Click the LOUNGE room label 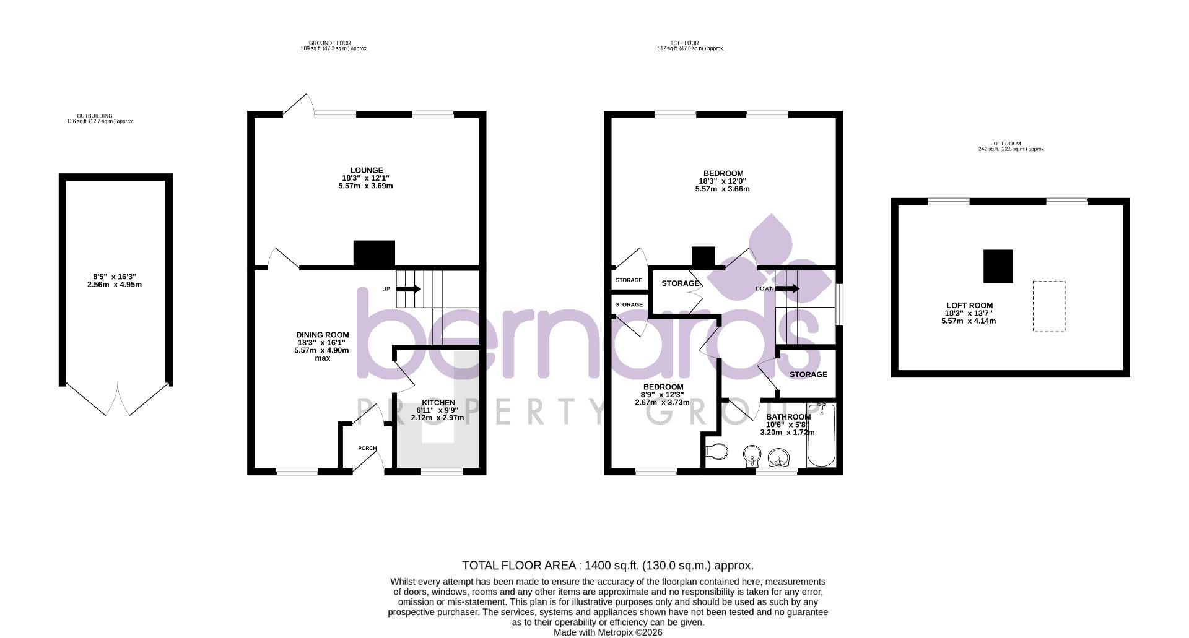[x=366, y=170]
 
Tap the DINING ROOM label [x=322, y=335]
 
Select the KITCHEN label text [x=438, y=403]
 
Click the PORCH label [x=367, y=448]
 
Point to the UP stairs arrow [x=409, y=289]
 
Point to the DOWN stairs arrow [x=787, y=289]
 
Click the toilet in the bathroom [x=717, y=451]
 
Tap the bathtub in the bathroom [x=822, y=436]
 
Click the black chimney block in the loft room [x=998, y=266]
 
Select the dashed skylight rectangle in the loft [x=1048, y=306]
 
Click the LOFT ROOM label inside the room [x=969, y=305]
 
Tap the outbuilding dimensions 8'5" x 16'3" [x=115, y=277]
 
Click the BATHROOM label [x=788, y=416]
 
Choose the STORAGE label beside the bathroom [x=808, y=374]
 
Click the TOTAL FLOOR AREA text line [x=608, y=566]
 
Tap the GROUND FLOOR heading [x=338, y=43]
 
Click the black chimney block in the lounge [x=374, y=254]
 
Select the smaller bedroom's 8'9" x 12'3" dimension [x=662, y=395]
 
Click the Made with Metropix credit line [x=608, y=632]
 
